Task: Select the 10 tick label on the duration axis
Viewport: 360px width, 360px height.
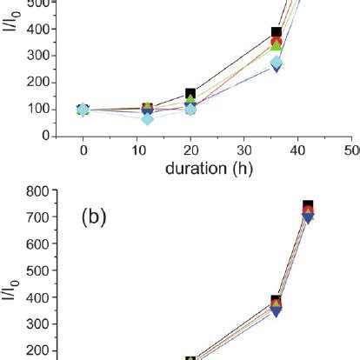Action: pyautogui.click(x=137, y=150)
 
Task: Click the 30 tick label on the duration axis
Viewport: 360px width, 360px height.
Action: pyautogui.click(x=243, y=150)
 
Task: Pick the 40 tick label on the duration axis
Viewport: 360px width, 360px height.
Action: pyautogui.click(x=297, y=150)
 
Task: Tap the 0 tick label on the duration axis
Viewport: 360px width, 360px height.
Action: pyautogui.click(x=83, y=150)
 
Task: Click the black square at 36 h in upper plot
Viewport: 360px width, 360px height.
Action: pyautogui.click(x=277, y=33)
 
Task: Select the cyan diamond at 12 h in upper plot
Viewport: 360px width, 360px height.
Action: pyautogui.click(x=148, y=118)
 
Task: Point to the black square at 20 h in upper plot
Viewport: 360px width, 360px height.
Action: pyautogui.click(x=191, y=94)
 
